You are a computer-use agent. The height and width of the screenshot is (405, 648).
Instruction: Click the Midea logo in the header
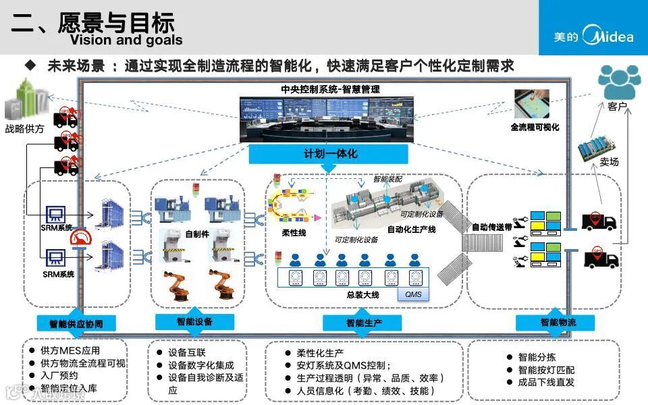pyautogui.click(x=593, y=36)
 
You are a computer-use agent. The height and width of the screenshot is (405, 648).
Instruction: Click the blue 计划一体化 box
pyautogui.click(x=329, y=154)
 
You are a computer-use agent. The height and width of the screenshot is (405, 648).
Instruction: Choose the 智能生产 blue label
pyautogui.click(x=362, y=323)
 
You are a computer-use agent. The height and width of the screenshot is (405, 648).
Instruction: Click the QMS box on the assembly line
pyautogui.click(x=412, y=294)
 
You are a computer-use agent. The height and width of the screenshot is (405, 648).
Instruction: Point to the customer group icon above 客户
pyautogui.click(x=619, y=82)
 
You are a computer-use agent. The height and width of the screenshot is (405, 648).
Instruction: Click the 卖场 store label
pyautogui.click(x=609, y=162)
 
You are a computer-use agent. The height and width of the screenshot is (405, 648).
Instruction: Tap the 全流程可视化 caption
pyautogui.click(x=535, y=127)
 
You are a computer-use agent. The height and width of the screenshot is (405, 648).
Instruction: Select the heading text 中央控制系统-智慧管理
pyautogui.click(x=330, y=89)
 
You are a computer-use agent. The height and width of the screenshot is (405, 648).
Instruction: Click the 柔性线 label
pyautogui.click(x=294, y=232)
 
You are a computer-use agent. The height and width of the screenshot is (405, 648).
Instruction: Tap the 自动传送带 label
pyautogui.click(x=491, y=227)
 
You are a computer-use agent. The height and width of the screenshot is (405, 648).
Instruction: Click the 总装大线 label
pyautogui.click(x=362, y=295)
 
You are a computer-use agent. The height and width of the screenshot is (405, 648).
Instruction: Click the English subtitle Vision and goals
pyautogui.click(x=126, y=40)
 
